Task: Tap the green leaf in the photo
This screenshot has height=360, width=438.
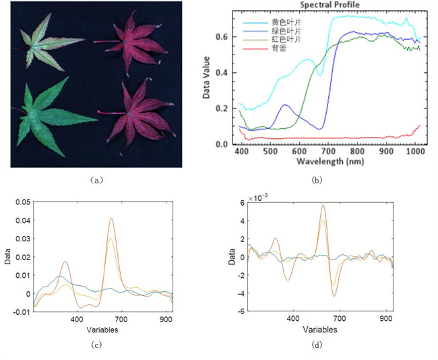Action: pos(51,116)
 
